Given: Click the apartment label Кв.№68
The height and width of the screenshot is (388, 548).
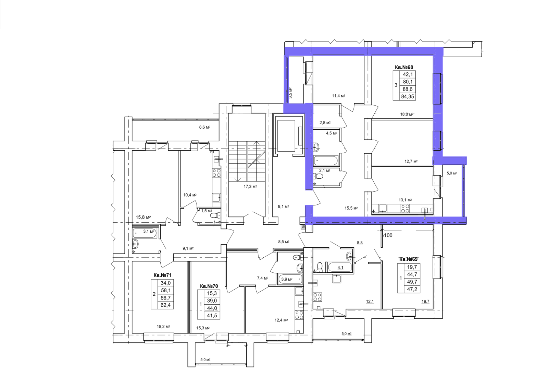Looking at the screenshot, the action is (404, 67).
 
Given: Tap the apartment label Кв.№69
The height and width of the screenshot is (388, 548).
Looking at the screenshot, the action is (408, 259).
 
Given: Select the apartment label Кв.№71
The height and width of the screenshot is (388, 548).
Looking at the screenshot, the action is (162, 275).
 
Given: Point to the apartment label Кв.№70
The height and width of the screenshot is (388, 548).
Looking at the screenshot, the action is (209, 286).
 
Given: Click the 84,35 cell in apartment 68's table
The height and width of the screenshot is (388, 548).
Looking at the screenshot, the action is (408, 96).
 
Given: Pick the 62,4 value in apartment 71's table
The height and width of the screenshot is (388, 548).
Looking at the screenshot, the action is (165, 305).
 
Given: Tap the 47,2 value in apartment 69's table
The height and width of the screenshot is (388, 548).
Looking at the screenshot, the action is (412, 289).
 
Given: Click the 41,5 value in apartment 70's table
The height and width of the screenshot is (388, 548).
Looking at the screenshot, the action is (212, 316).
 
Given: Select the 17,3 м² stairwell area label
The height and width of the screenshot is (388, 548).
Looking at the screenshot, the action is (250, 187).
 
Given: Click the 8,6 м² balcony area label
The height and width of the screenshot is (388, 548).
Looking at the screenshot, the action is (204, 127).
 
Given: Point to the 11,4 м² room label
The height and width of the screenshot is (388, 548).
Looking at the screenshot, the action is (339, 96).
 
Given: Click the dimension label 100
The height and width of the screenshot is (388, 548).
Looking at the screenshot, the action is (388, 235).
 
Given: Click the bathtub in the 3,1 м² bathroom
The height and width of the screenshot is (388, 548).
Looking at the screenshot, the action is (145, 233).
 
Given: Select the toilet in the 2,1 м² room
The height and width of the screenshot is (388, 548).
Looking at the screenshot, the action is (318, 176).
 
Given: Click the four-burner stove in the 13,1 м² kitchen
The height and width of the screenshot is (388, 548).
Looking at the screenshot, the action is (405, 208).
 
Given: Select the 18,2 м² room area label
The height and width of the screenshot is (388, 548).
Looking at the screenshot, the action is (163, 327).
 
